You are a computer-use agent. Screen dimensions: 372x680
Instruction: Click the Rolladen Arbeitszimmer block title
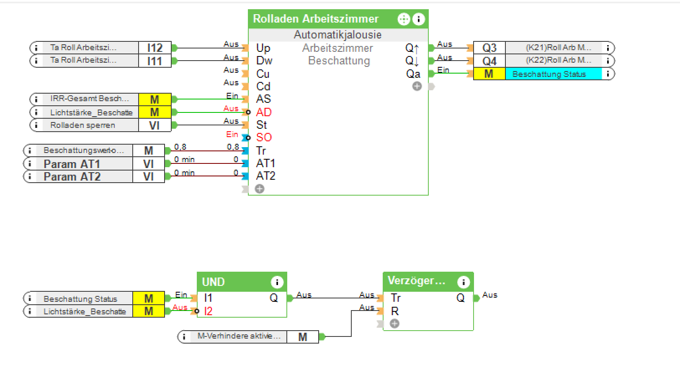(x=315, y=19)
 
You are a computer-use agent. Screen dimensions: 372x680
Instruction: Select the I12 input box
(x=155, y=48)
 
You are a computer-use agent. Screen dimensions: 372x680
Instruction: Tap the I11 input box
(x=155, y=61)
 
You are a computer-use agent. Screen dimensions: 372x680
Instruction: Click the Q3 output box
(x=489, y=48)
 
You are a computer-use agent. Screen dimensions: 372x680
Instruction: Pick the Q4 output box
(x=489, y=61)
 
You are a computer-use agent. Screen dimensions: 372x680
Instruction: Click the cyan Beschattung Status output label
(x=549, y=74)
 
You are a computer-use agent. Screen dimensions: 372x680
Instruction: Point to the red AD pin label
(x=264, y=112)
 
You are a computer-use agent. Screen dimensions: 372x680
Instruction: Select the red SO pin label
(x=264, y=138)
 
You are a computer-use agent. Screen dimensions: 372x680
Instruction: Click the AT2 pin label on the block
(x=265, y=176)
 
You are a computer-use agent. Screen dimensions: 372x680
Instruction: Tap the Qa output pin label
(x=413, y=74)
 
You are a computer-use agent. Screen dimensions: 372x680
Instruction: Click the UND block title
(x=213, y=282)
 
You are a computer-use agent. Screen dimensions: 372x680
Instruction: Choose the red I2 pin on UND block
(x=208, y=311)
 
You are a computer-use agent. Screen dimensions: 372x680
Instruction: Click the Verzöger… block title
(x=416, y=280)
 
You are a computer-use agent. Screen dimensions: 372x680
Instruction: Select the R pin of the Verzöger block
(x=395, y=311)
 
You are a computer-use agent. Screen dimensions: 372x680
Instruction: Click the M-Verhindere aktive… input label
(x=239, y=336)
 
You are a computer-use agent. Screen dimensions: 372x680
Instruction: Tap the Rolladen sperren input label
(x=82, y=125)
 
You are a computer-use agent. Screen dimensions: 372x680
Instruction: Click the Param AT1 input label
(x=72, y=164)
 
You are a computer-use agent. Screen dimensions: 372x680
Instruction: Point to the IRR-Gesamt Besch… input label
(x=89, y=99)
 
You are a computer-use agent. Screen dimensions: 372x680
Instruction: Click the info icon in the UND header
(x=277, y=282)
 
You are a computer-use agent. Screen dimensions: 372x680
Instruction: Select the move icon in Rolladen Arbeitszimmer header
(x=403, y=19)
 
